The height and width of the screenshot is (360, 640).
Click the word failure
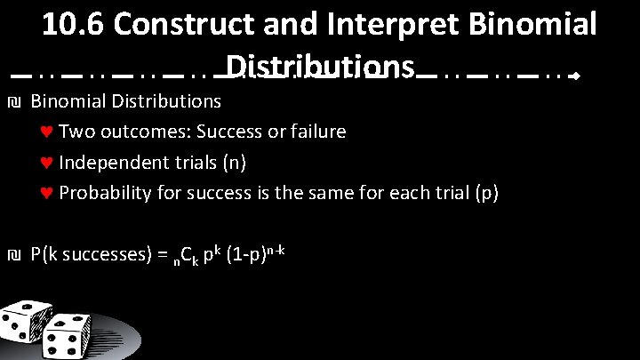coord(315,132)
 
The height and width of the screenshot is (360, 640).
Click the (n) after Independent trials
coord(233,163)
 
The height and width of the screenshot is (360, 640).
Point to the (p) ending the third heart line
coord(485,193)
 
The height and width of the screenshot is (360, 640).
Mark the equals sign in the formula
coord(161,256)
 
